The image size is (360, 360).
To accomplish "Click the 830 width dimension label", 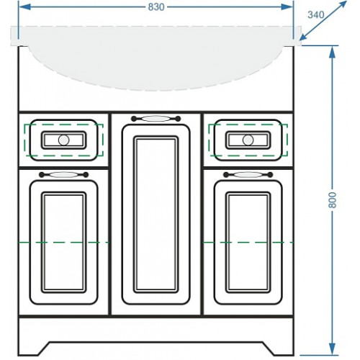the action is [x=156, y=7].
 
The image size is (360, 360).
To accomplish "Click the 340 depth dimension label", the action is [x=316, y=15].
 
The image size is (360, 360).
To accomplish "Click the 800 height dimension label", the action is [x=333, y=200].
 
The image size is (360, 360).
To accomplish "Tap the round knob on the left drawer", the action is [x=63, y=140].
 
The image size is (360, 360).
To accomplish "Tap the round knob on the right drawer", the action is [x=248, y=140].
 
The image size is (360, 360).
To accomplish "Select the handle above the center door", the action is [x=156, y=118].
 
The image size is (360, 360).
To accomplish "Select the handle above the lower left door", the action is [x=63, y=174].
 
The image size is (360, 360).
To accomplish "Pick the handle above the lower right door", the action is [x=248, y=174].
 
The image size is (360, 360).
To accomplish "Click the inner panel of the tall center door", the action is [x=156, y=215].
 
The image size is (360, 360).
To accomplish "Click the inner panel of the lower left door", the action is [x=63, y=242].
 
